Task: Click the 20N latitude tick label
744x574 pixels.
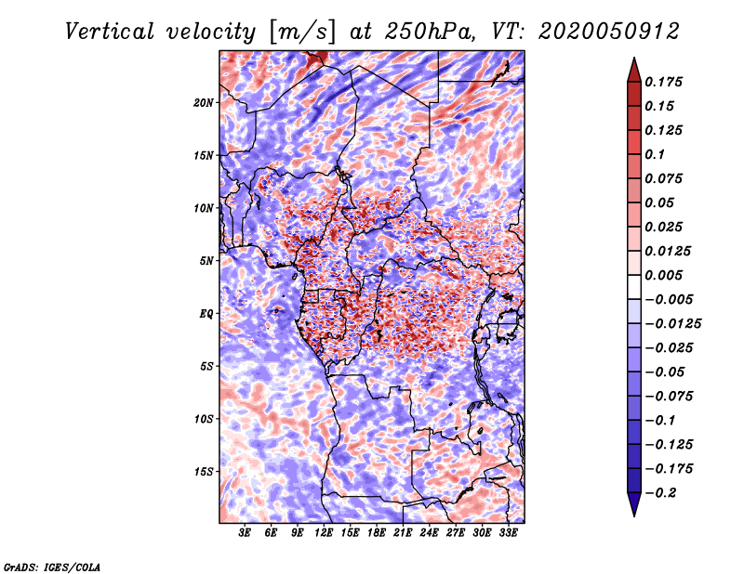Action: [x=204, y=103]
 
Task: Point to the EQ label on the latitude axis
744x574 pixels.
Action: [x=206, y=314]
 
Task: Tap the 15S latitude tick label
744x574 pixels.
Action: [x=204, y=472]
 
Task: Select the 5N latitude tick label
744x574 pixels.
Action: [x=206, y=261]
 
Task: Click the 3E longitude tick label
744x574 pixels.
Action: [x=245, y=532]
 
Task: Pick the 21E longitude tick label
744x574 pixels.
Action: [x=403, y=532]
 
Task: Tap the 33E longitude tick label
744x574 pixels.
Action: [x=508, y=532]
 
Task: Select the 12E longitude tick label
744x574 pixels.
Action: [x=324, y=532]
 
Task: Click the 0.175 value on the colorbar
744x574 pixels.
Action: [x=663, y=82]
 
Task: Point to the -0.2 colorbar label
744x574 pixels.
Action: [x=660, y=493]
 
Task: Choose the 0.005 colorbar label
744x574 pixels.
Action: [x=663, y=275]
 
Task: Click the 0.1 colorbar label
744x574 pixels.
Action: [x=655, y=154]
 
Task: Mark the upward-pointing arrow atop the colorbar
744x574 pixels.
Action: [x=634, y=70]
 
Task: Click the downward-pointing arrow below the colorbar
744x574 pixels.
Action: [x=634, y=504]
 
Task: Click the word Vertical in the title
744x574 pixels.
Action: [x=110, y=32]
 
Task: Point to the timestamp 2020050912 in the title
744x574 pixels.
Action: [x=609, y=32]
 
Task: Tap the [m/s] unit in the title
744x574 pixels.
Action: [x=302, y=33]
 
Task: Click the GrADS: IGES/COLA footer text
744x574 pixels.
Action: [x=52, y=567]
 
